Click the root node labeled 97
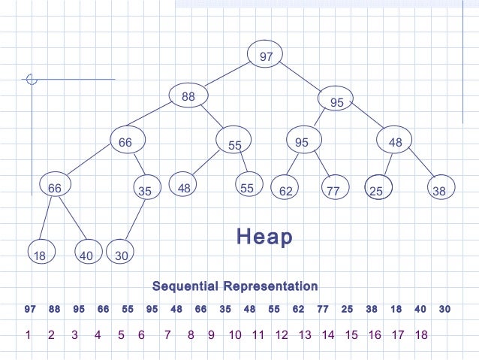click(266, 56)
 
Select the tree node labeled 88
click(188, 96)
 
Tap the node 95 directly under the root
click(336, 101)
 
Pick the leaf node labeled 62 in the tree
click(285, 190)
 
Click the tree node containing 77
click(333, 190)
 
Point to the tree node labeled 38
click(440, 190)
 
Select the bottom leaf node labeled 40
click(86, 255)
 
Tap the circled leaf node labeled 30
click(121, 255)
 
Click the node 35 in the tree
click(145, 190)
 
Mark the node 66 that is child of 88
click(125, 141)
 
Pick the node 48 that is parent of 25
click(395, 141)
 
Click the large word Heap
click(264, 237)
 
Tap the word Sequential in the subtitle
click(185, 286)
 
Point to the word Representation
click(268, 286)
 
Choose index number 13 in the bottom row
click(305, 335)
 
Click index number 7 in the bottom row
click(167, 335)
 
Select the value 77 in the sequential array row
click(323, 309)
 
